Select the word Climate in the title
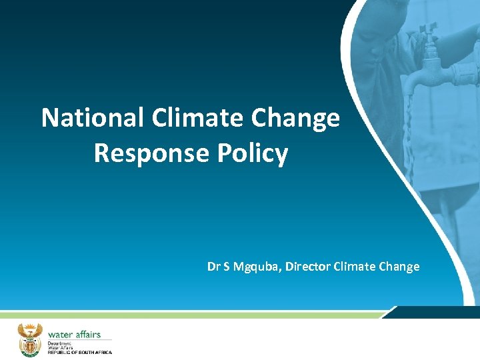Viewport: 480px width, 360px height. [199, 118]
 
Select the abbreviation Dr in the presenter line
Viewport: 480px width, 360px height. [213, 267]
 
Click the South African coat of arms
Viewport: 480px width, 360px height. [29, 339]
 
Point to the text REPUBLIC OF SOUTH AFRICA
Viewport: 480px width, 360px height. [79, 352]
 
